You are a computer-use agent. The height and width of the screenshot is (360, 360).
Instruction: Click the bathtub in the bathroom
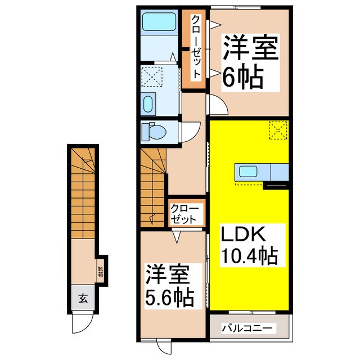[159, 22]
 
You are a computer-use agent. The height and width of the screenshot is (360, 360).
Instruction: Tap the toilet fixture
[152, 132]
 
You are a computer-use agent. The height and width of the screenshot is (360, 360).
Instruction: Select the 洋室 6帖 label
[250, 60]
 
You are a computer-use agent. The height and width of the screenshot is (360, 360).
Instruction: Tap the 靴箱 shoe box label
[101, 272]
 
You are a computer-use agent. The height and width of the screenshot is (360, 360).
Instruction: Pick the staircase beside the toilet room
[153, 169]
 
